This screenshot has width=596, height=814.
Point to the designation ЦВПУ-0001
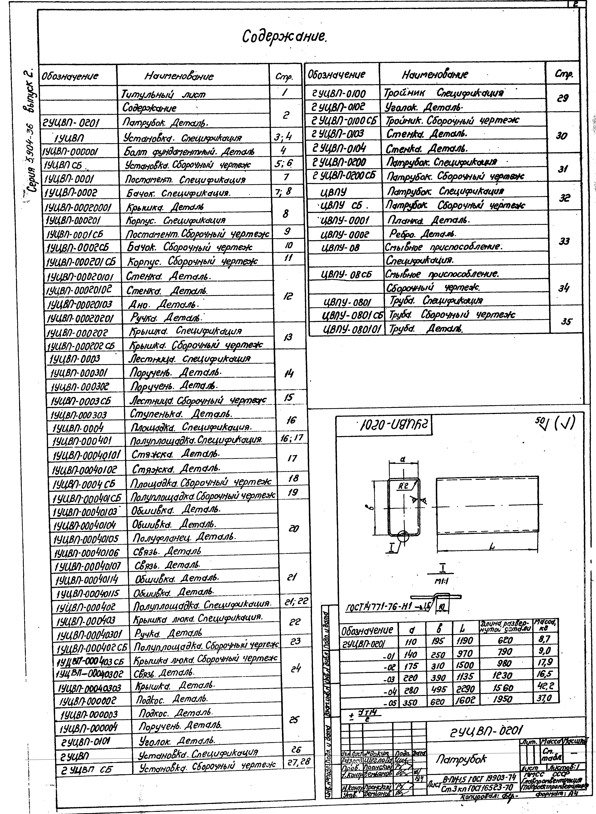tap(345, 220)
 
